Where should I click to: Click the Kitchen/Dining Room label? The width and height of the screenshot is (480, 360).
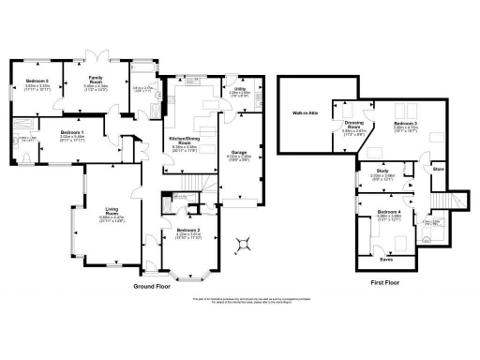(x=185, y=140)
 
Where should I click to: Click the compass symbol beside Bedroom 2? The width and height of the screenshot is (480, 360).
(x=245, y=244)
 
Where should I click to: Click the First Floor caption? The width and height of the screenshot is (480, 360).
(x=385, y=281)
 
